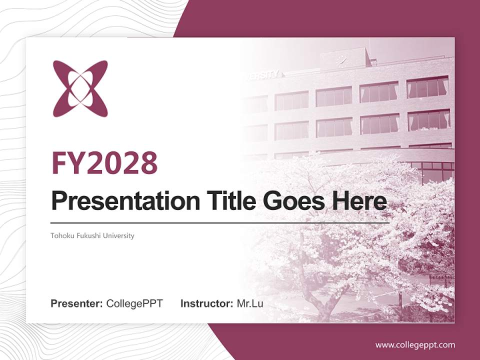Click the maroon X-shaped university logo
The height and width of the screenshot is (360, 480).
(80, 89)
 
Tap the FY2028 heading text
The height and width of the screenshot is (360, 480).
(104, 162)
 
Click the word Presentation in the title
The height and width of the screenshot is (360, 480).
(118, 201)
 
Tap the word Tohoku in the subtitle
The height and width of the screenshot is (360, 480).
(60, 235)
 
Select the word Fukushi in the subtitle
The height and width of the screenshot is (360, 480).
(86, 235)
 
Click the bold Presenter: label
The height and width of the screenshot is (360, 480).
(77, 303)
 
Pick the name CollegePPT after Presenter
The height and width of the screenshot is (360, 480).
(134, 303)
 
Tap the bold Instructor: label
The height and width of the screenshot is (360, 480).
(207, 303)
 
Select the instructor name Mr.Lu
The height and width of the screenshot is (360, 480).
(250, 303)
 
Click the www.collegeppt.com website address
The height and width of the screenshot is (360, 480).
(415, 344)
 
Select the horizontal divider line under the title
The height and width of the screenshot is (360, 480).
(220, 222)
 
